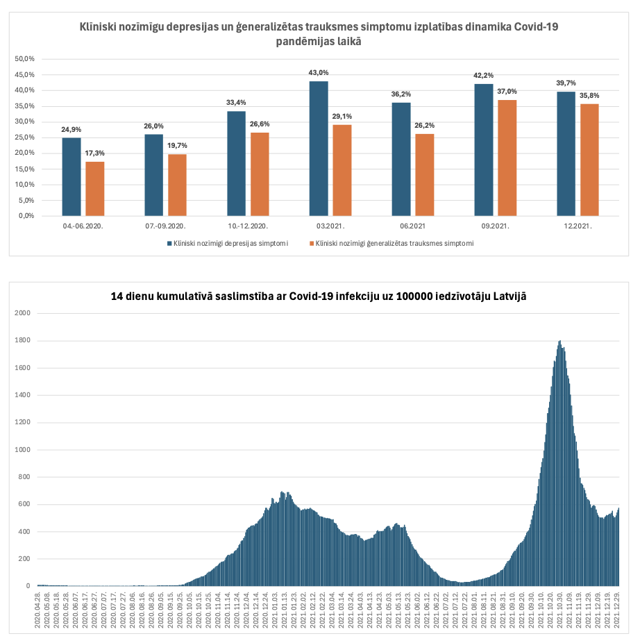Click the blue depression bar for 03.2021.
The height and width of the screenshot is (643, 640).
tap(319, 149)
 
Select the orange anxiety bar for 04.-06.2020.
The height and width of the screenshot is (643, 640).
tap(94, 188)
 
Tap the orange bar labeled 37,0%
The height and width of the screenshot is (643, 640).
tap(507, 158)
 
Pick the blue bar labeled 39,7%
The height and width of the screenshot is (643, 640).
tap(566, 153)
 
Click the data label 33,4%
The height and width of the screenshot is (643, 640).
tap(236, 103)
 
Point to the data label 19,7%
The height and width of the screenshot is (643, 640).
tap(177, 145)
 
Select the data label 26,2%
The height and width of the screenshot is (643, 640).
tap(424, 125)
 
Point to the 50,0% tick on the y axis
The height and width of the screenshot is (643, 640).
tap(25, 59)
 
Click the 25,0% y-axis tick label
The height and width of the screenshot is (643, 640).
tap(25, 137)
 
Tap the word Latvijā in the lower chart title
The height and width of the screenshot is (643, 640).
tap(507, 296)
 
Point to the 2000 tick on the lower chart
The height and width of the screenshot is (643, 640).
tap(23, 313)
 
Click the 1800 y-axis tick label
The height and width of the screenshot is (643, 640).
tap(23, 340)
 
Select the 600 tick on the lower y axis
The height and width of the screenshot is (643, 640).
tap(25, 504)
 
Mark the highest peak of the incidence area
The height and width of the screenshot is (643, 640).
tap(559, 342)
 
